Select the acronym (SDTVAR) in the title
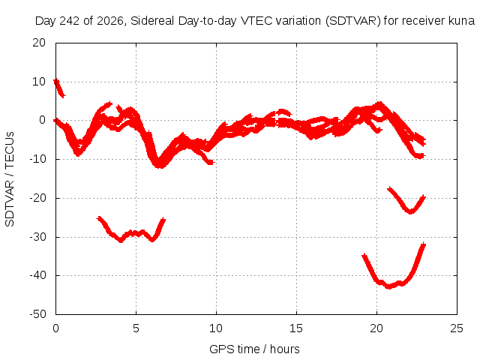pyautogui.click(x=352, y=21)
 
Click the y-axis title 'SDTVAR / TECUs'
pyautogui.click(x=10, y=179)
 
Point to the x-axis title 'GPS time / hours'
pyautogui.click(x=254, y=349)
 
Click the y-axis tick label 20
pyautogui.click(x=39, y=43)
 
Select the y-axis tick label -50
pyautogui.click(x=37, y=314)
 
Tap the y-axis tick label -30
pyautogui.click(x=37, y=237)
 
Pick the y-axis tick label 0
pyautogui.click(x=42, y=120)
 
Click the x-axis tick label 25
pyautogui.click(x=457, y=328)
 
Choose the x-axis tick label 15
pyautogui.click(x=296, y=328)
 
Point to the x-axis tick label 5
pyautogui.click(x=136, y=328)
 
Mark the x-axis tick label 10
pyautogui.click(x=216, y=328)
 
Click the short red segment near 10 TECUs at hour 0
pyautogui.click(x=58, y=88)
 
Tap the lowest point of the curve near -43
pyautogui.click(x=388, y=286)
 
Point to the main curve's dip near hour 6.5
pyautogui.click(x=160, y=165)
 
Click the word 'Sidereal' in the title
pyautogui.click(x=152, y=21)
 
